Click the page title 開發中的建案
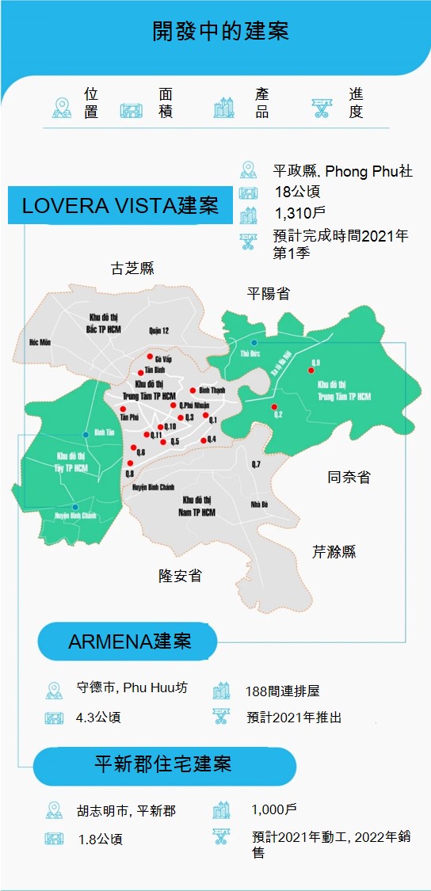(220, 32)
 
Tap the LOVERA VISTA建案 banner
(119, 206)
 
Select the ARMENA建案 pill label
(129, 641)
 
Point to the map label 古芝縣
(132, 268)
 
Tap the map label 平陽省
(269, 294)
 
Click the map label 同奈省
(349, 477)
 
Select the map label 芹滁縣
(334, 551)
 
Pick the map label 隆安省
(180, 576)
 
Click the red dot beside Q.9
(311, 370)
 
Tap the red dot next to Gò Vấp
(150, 356)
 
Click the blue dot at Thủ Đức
(254, 343)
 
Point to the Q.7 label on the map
(255, 463)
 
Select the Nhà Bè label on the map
(259, 505)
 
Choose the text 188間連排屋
(282, 691)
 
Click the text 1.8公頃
(100, 839)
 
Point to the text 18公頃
(297, 191)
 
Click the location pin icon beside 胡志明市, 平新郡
(53, 810)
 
